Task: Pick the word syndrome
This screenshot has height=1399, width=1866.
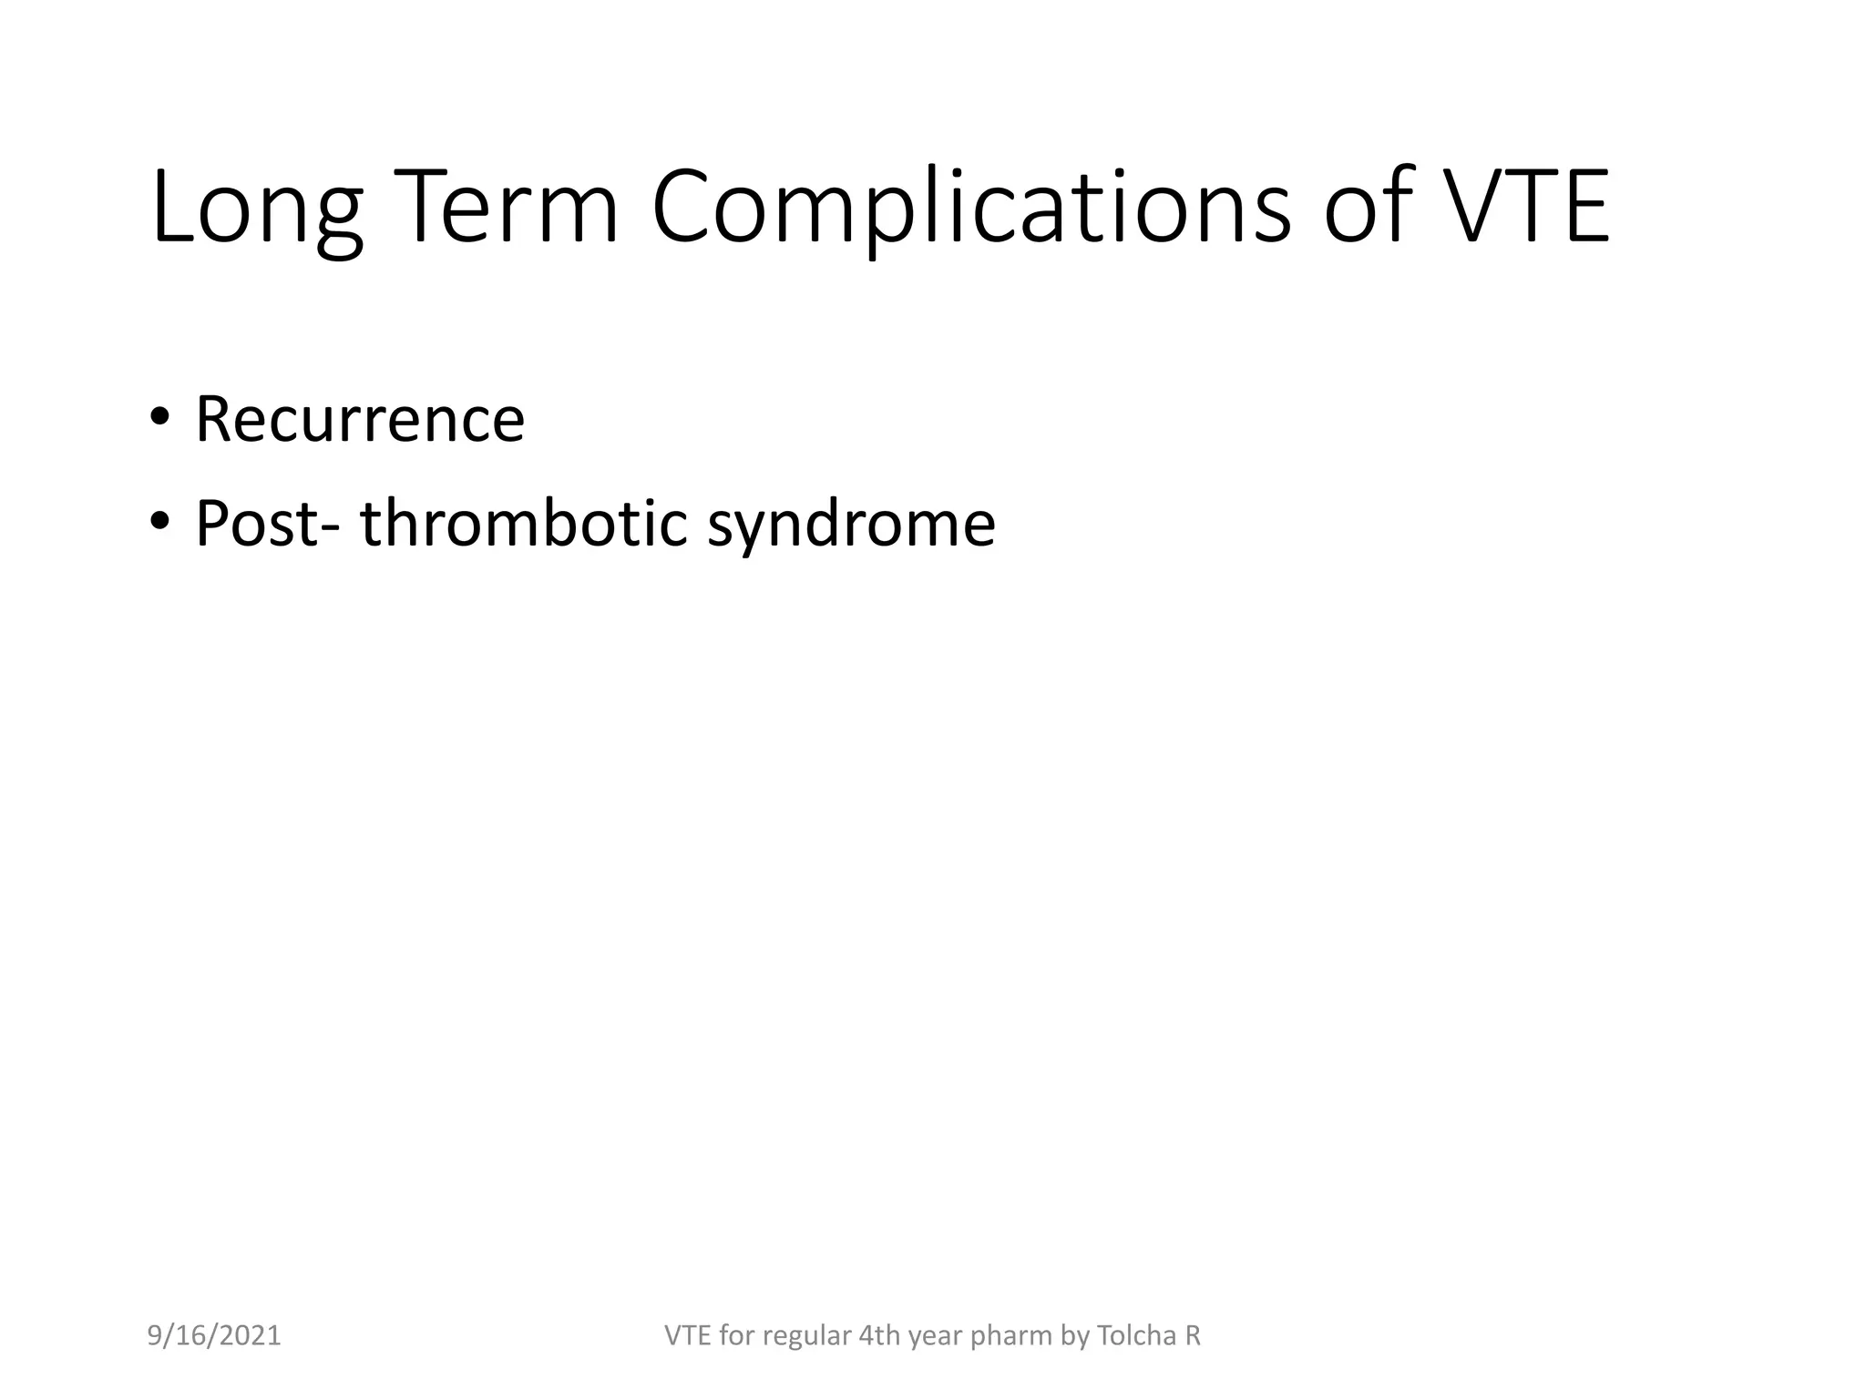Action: [851, 525]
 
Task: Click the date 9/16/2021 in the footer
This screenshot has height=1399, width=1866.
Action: [214, 1336]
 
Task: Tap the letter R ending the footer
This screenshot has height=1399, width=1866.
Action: [1193, 1336]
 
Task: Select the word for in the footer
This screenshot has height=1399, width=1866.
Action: [737, 1336]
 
